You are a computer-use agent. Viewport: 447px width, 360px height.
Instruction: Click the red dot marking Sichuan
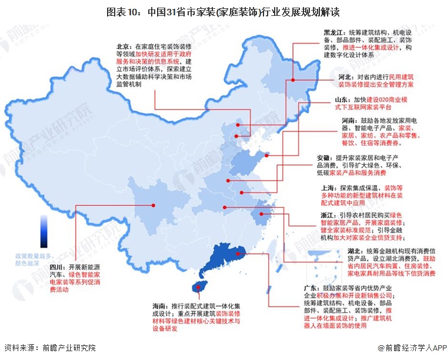coord(154,205)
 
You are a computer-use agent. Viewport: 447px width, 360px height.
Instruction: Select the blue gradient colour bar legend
coord(44,231)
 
